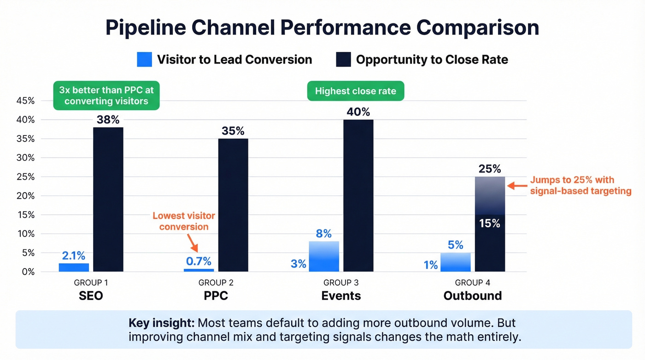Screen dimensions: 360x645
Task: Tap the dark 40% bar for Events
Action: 358,195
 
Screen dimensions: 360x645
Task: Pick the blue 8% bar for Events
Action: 324,256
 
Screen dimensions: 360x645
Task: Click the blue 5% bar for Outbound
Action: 455,262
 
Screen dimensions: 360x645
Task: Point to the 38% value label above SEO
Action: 108,120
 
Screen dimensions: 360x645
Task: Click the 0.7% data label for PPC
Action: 199,261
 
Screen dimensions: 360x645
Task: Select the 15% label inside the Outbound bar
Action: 489,223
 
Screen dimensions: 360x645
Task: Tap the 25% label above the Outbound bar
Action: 489,169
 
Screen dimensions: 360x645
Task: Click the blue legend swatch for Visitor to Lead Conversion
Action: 144,59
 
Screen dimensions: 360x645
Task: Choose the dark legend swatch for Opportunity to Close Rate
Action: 343,59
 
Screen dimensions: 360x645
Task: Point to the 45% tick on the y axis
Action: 25,101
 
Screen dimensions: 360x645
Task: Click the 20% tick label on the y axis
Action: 25,196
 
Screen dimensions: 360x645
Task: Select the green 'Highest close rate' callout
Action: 355,91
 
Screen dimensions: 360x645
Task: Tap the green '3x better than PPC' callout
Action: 106,96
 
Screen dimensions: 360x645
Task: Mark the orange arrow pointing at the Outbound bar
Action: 516,186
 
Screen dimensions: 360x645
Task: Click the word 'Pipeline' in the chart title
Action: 145,28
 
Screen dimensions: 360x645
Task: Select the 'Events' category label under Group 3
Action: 341,295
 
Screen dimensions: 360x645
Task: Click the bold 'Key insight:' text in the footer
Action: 161,323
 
